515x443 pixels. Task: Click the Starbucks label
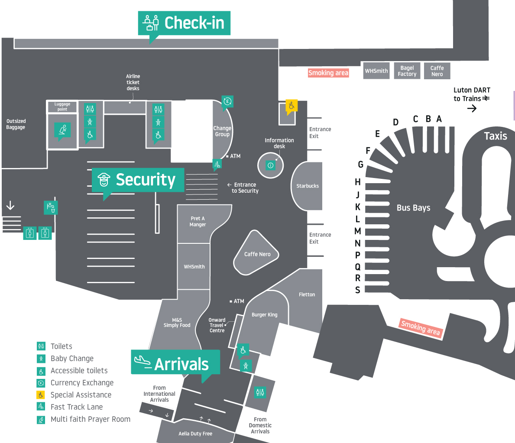(308, 186)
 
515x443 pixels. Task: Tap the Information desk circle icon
(271, 165)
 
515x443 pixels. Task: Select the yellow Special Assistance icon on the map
(292, 106)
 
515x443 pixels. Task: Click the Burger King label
(264, 315)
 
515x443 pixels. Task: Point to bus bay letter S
(358, 290)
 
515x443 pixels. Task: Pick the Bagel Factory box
(407, 71)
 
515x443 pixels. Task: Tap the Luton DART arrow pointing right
(472, 108)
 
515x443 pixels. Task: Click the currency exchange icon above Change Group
(227, 102)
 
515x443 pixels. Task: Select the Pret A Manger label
(198, 222)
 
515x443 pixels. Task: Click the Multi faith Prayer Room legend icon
(41, 419)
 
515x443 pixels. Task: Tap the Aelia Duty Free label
(195, 433)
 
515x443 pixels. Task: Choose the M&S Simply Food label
(177, 323)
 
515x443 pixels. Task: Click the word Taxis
(495, 136)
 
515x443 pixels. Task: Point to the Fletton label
(307, 294)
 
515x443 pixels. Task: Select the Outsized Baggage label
(16, 124)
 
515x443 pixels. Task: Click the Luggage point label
(62, 107)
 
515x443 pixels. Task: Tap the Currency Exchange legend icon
(41, 383)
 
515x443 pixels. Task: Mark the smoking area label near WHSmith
(328, 73)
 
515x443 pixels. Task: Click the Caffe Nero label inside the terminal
(257, 254)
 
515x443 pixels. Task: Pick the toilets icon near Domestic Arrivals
(260, 392)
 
